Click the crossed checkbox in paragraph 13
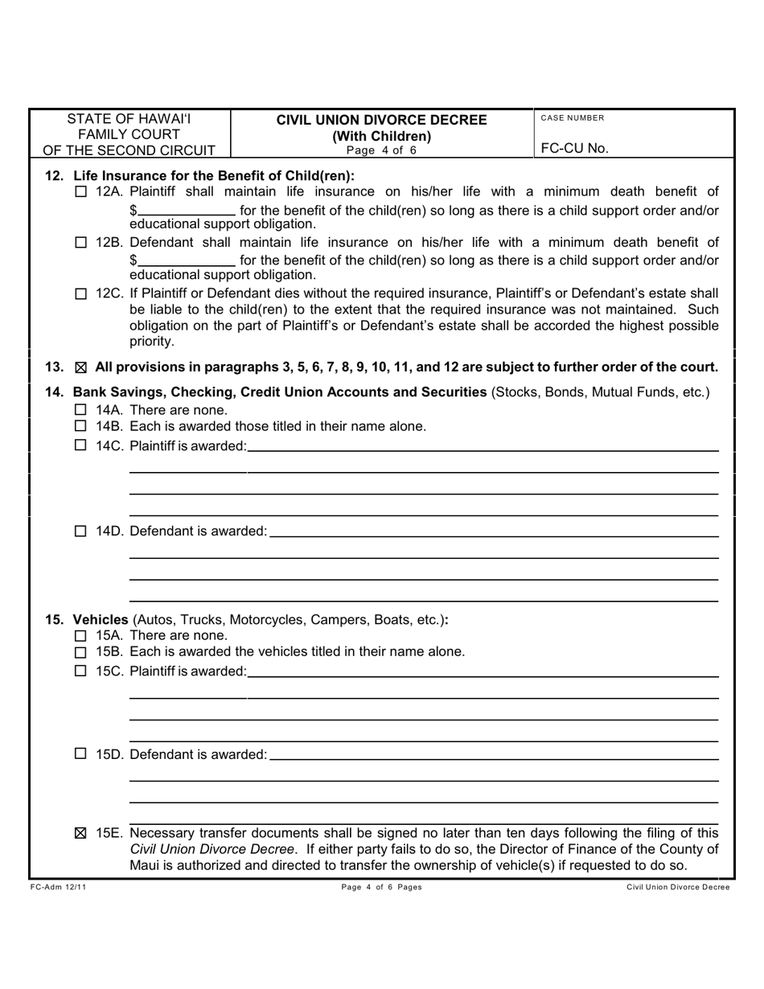[80, 367]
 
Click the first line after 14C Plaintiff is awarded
[483, 445]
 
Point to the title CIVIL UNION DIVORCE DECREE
[382, 121]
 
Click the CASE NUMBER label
[572, 118]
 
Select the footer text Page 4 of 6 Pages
[382, 887]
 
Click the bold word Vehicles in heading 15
[101, 620]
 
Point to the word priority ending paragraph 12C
[151, 342]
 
